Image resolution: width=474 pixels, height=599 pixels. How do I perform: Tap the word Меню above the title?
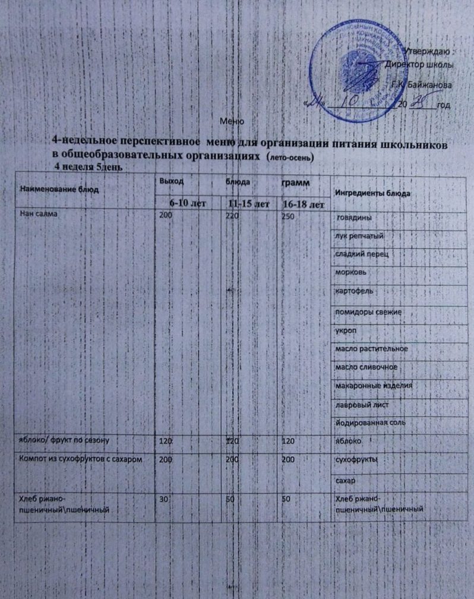click(232, 122)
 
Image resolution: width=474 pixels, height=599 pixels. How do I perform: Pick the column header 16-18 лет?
click(303, 205)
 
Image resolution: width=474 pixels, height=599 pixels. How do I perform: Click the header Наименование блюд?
click(59, 189)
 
